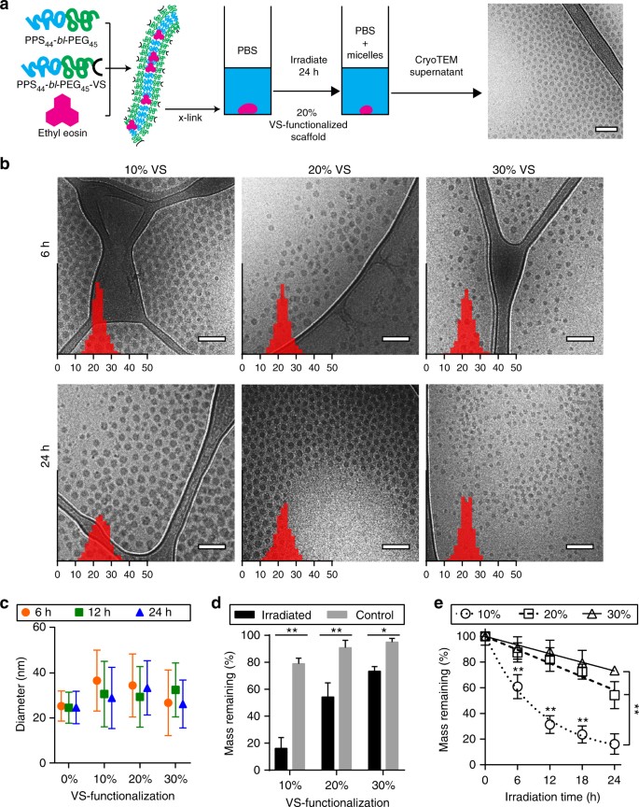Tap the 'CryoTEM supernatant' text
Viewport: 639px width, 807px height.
424,71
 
